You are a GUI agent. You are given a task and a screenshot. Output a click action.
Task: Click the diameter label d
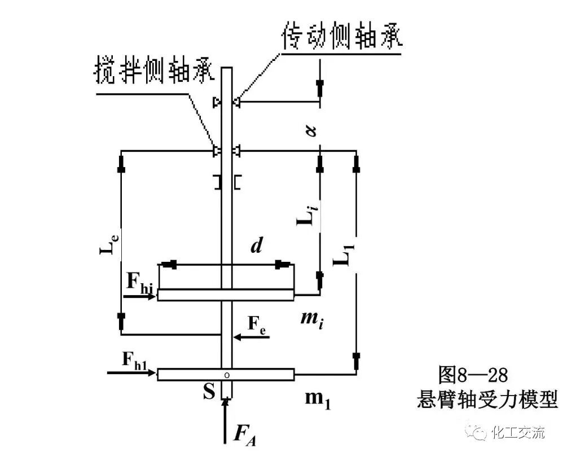256,246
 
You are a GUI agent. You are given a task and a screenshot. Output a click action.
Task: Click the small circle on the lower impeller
227,374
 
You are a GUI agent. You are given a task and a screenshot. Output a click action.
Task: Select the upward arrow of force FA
226,420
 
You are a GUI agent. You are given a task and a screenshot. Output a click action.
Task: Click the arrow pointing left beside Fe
252,337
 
